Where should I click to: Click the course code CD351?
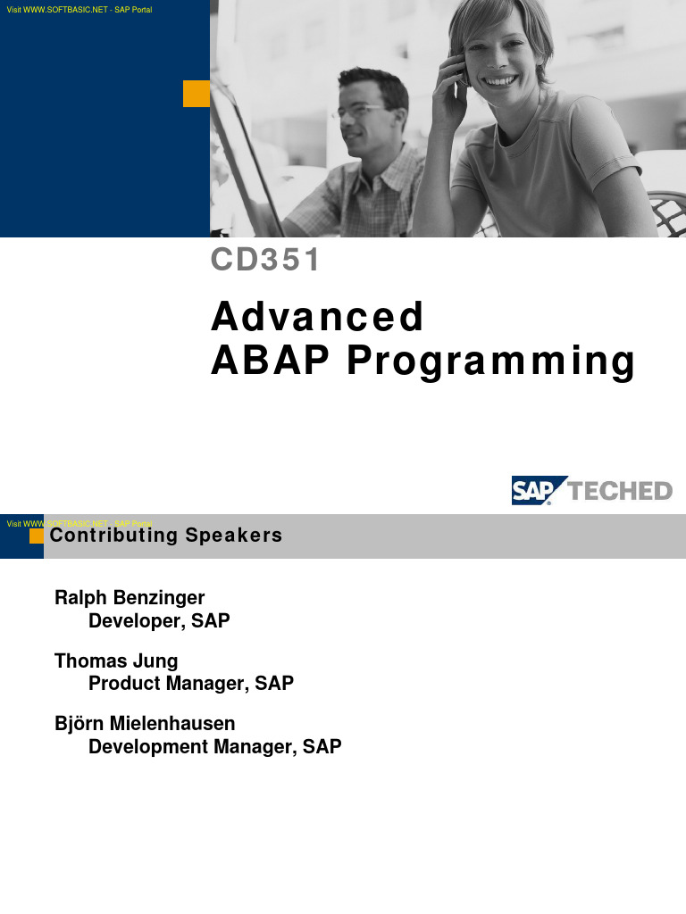tap(265, 260)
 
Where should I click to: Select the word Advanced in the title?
tap(317, 317)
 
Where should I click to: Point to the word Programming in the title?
tap(490, 362)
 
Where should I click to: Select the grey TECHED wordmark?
tap(620, 491)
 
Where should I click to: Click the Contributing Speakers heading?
tap(166, 536)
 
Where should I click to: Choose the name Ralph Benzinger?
tap(130, 596)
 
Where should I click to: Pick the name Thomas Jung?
tap(116, 661)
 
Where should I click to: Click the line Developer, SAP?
tap(159, 620)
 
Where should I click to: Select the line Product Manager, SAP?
tap(191, 684)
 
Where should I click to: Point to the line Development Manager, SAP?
tap(215, 746)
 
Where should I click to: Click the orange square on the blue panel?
tap(197, 94)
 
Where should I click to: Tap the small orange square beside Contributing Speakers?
tap(37, 536)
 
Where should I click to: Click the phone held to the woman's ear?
tap(463, 67)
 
